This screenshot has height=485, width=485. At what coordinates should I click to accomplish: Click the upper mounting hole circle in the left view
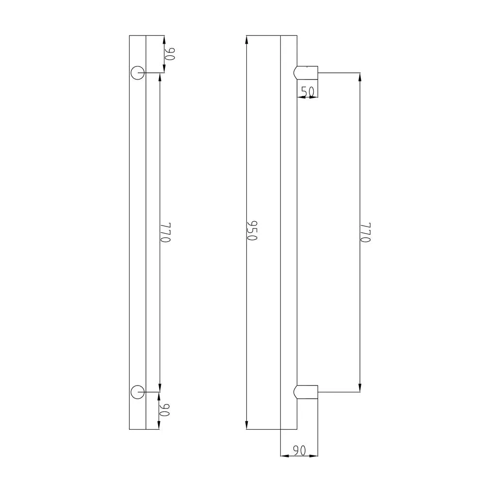[x=137, y=73]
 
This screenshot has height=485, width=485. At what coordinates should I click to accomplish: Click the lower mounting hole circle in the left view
[x=137, y=391]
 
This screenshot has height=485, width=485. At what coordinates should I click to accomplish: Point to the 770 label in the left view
[x=166, y=233]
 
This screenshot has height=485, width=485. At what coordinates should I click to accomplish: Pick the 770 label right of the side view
[x=366, y=233]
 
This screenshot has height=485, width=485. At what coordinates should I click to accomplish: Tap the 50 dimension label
[x=307, y=91]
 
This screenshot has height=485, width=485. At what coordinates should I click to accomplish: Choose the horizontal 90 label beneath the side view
[x=299, y=451]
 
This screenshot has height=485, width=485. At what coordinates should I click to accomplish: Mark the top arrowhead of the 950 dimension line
[x=247, y=39]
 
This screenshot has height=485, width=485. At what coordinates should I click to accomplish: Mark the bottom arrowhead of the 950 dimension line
[x=247, y=425]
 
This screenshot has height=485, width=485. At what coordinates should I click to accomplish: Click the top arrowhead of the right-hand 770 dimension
[x=360, y=77]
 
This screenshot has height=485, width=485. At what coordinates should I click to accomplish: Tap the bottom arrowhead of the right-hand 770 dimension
[x=360, y=388]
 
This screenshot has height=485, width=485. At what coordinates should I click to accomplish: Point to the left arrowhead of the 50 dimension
[x=300, y=97]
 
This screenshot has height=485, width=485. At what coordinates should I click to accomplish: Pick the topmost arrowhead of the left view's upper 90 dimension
[x=164, y=39]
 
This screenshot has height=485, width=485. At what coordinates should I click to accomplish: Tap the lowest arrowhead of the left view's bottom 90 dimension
[x=159, y=425]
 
